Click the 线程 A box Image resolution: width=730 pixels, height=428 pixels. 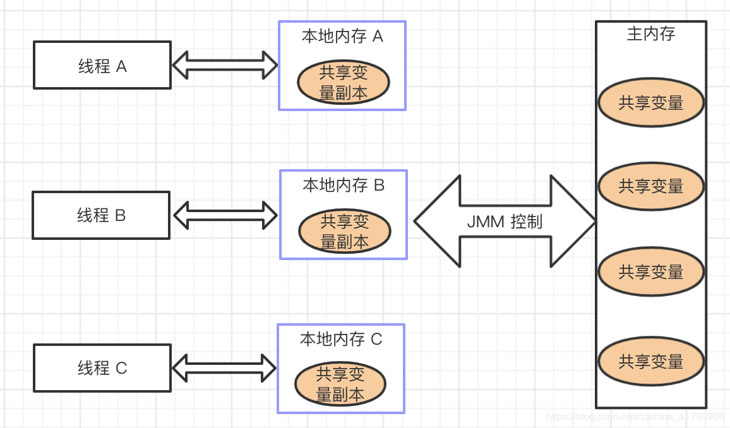coord(102,65)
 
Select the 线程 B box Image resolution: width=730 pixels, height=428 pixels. coord(101,215)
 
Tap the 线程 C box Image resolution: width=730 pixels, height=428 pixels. coord(102,368)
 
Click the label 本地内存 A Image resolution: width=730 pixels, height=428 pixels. coord(342,36)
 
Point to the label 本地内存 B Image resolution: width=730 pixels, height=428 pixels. coord(344,185)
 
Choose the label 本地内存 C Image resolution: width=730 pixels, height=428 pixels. coord(341,339)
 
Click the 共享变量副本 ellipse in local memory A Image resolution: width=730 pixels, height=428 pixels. coord(343,83)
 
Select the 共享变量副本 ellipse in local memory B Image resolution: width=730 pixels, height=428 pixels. coord(344,232)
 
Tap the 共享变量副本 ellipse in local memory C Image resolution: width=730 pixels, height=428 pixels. coord(340,384)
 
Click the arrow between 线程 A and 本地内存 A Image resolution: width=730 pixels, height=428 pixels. coord(225,64)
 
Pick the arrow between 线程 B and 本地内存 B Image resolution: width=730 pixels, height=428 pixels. coord(225,215)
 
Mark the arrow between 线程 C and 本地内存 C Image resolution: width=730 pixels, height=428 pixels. coord(224,368)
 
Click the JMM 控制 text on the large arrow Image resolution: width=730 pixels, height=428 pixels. coord(505,222)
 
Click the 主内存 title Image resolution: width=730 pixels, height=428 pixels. coord(650,34)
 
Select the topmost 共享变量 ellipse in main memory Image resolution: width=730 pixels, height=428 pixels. coord(650,103)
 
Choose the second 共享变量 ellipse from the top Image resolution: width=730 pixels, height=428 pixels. coord(650,186)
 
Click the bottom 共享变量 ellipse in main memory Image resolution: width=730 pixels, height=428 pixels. coord(650,362)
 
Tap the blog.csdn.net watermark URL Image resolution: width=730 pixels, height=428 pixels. coord(635,417)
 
